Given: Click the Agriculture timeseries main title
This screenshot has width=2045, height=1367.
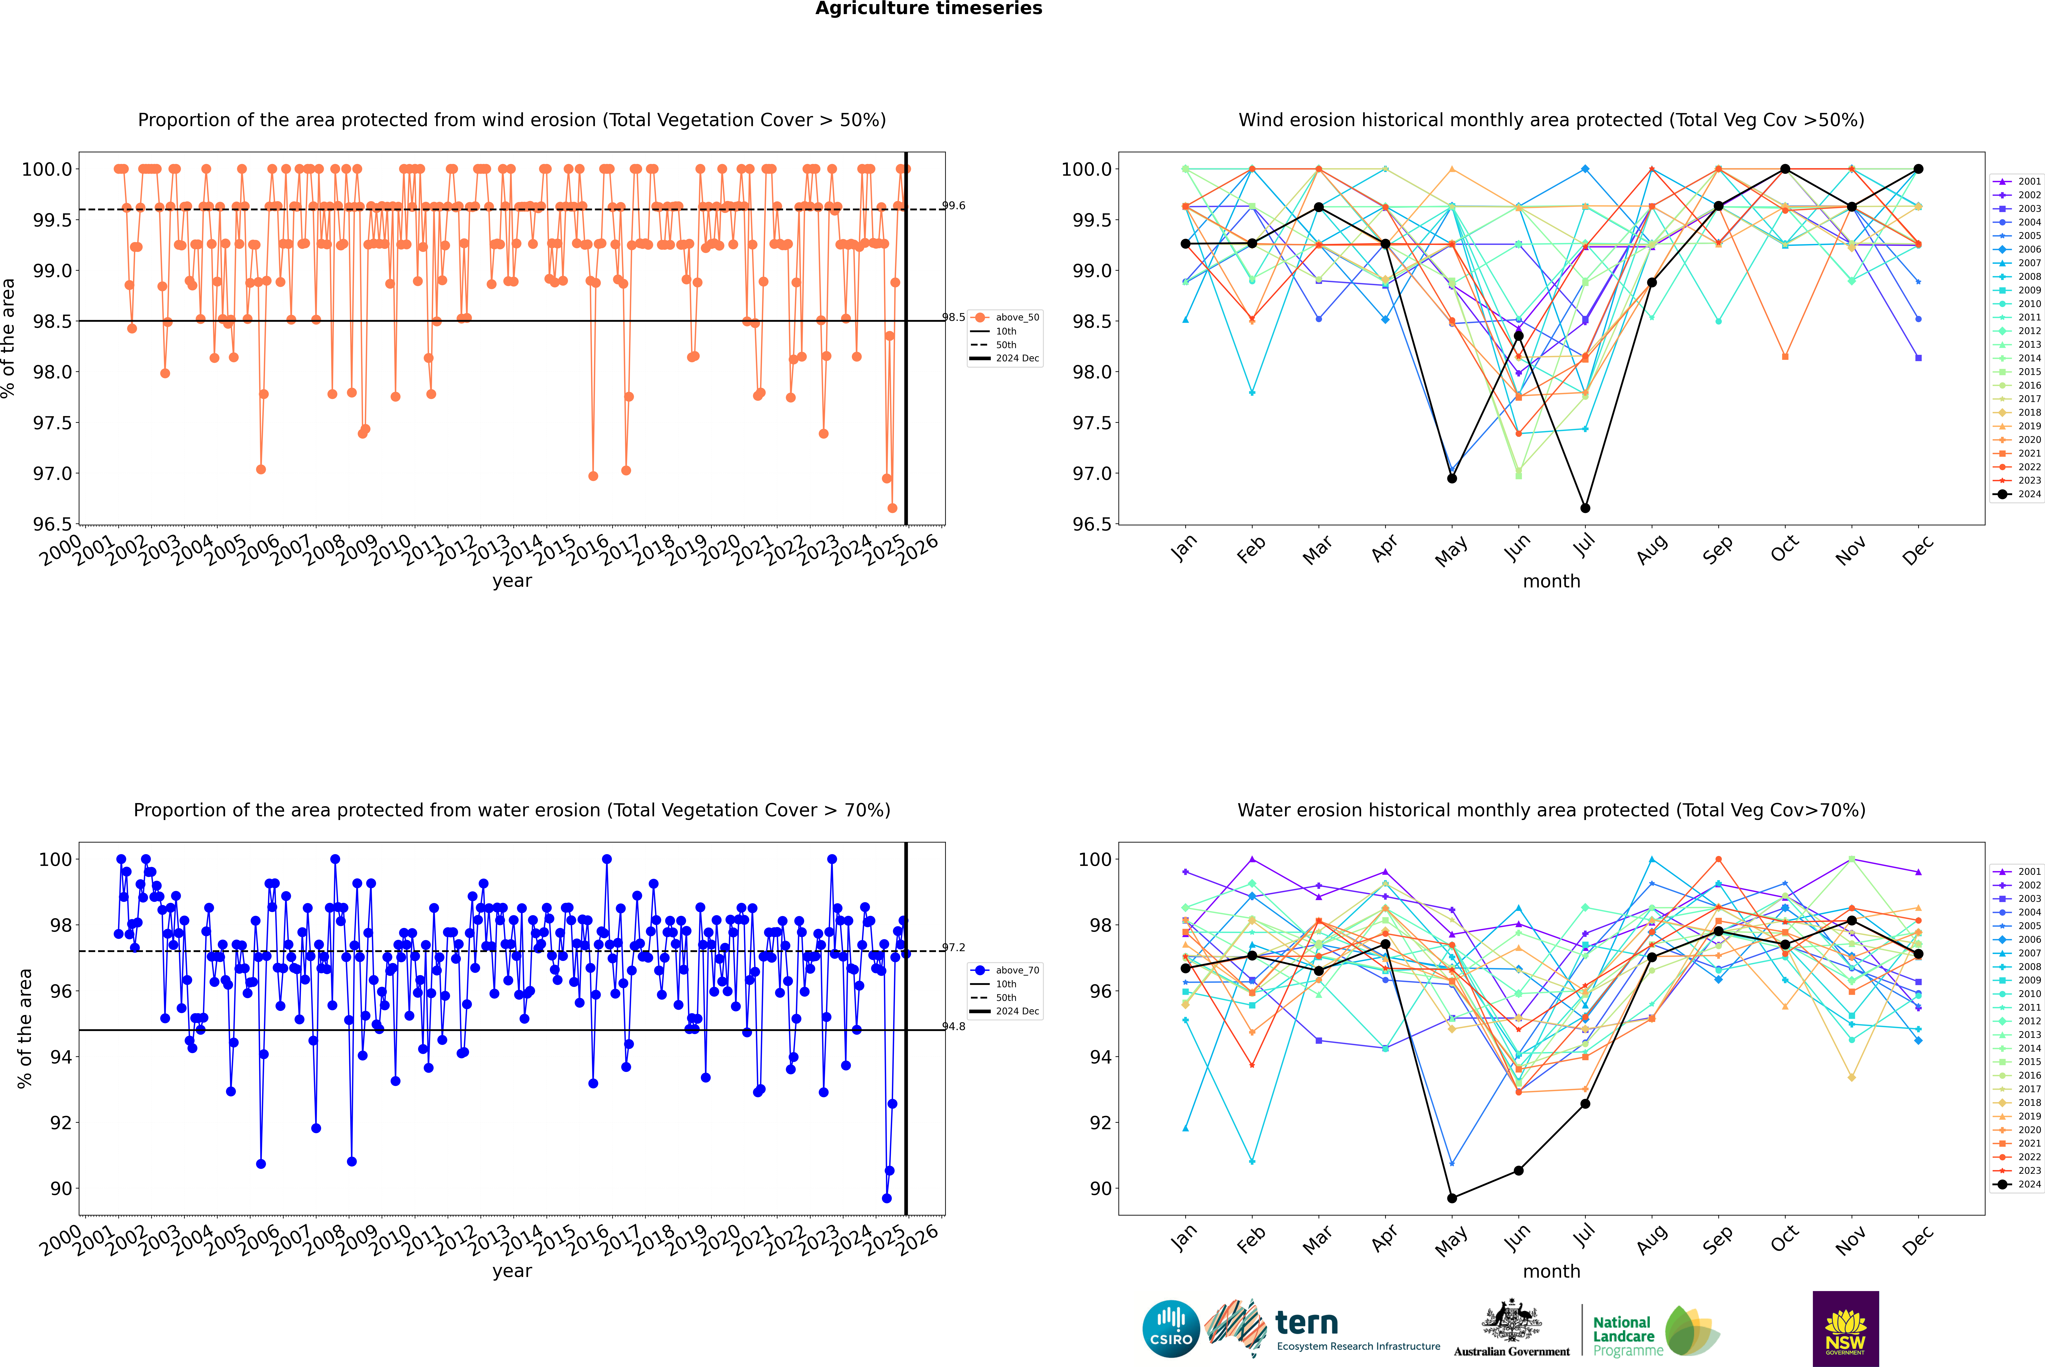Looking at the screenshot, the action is click(x=928, y=9).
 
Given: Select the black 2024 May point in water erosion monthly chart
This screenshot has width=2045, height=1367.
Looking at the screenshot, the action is click(x=1451, y=1198).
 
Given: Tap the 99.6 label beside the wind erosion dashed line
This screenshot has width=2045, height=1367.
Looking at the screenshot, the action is click(x=954, y=206).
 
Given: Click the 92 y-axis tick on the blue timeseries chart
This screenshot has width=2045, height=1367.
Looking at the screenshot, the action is click(x=61, y=1123).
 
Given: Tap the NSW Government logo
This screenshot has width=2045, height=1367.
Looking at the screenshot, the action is click(x=1845, y=1329).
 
